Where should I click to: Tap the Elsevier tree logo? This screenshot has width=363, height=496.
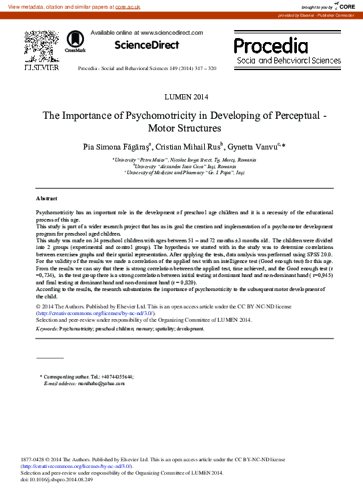click(x=41, y=46)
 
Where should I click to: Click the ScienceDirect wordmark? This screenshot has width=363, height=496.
click(x=147, y=45)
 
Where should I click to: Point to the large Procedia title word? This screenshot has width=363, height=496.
click(x=271, y=46)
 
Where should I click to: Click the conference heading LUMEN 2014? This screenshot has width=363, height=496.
click(x=181, y=97)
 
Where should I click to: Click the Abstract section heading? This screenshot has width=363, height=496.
click(x=46, y=199)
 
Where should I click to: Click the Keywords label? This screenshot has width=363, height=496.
click(x=46, y=329)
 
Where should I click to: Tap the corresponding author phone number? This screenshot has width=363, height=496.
click(x=117, y=377)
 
